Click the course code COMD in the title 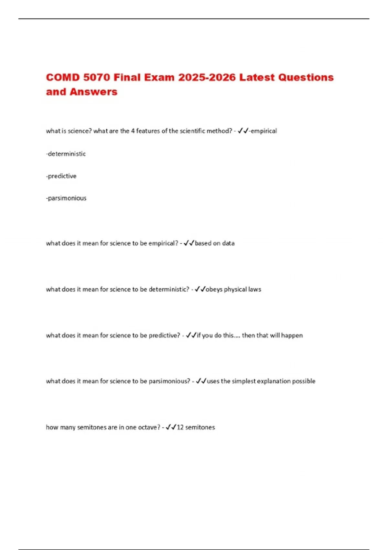coord(63,78)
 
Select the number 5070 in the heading coord(97,78)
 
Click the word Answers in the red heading coord(93,92)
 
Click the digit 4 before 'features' coord(133,131)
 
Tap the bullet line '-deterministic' coord(66,154)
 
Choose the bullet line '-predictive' coord(61,176)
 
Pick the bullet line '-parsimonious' coord(66,198)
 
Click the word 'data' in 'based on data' coord(228,243)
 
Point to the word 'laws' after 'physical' coord(254,289)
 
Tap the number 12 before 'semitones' coord(180,427)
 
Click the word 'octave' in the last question coord(149,427)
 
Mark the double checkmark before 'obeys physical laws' coord(200,289)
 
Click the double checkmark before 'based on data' coord(189,243)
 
